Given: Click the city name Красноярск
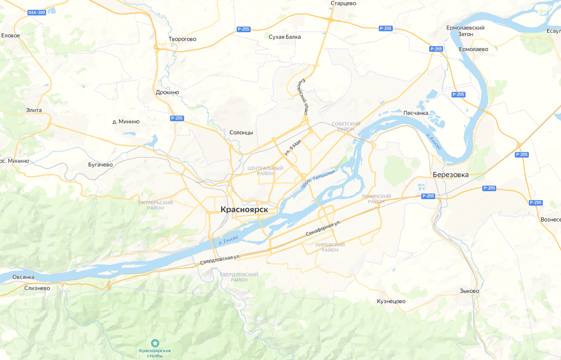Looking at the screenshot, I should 244,210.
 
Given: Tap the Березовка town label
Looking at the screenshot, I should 450,175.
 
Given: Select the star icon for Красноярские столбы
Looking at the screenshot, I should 155,344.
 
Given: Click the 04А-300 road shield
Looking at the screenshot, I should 37,13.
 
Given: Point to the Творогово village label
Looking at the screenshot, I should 182,39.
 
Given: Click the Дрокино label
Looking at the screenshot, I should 167,93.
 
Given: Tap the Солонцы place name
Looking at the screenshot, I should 241,133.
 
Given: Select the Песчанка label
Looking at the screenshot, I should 416,113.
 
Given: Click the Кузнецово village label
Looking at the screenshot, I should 391,301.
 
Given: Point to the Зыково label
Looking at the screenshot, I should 469,291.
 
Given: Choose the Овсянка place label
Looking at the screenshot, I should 23,277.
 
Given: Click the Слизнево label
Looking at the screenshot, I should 37,288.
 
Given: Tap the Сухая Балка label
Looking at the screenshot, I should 285,37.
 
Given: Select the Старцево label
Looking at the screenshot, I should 343,3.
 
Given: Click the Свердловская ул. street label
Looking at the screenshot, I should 220,259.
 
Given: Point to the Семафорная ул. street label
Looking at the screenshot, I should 323,230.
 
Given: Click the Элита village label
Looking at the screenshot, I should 34,110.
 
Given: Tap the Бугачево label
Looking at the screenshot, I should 101,165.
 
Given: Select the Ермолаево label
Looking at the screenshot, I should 473,49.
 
